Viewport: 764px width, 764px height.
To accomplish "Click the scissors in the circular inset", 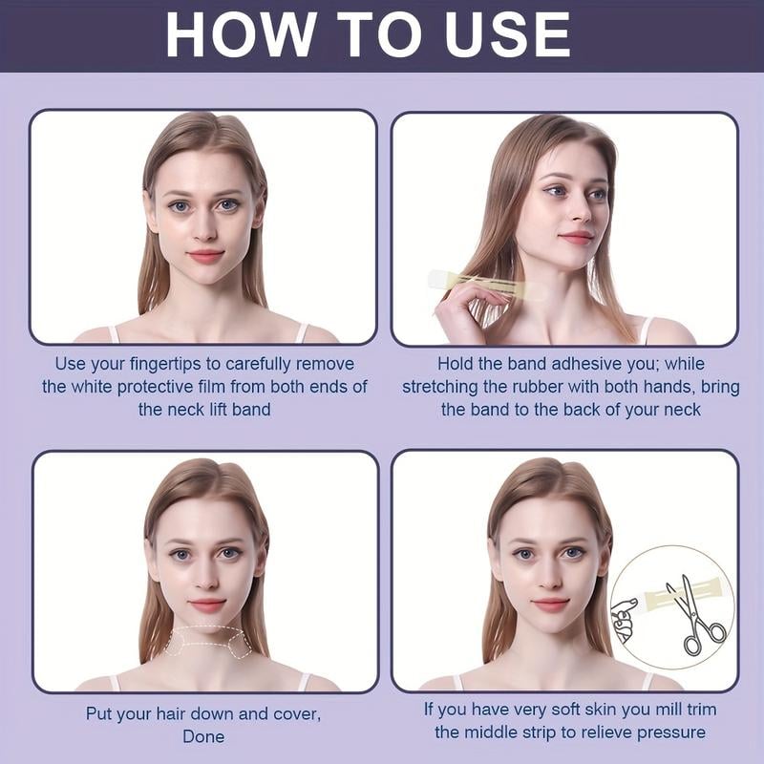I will [x=695, y=613].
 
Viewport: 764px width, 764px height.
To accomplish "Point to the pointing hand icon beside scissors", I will [x=626, y=618].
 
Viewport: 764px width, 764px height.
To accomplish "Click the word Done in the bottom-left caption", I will [x=203, y=736].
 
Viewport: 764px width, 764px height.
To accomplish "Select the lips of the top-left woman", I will [x=204, y=256].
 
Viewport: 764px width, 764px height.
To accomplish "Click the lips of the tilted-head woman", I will [x=576, y=237].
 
